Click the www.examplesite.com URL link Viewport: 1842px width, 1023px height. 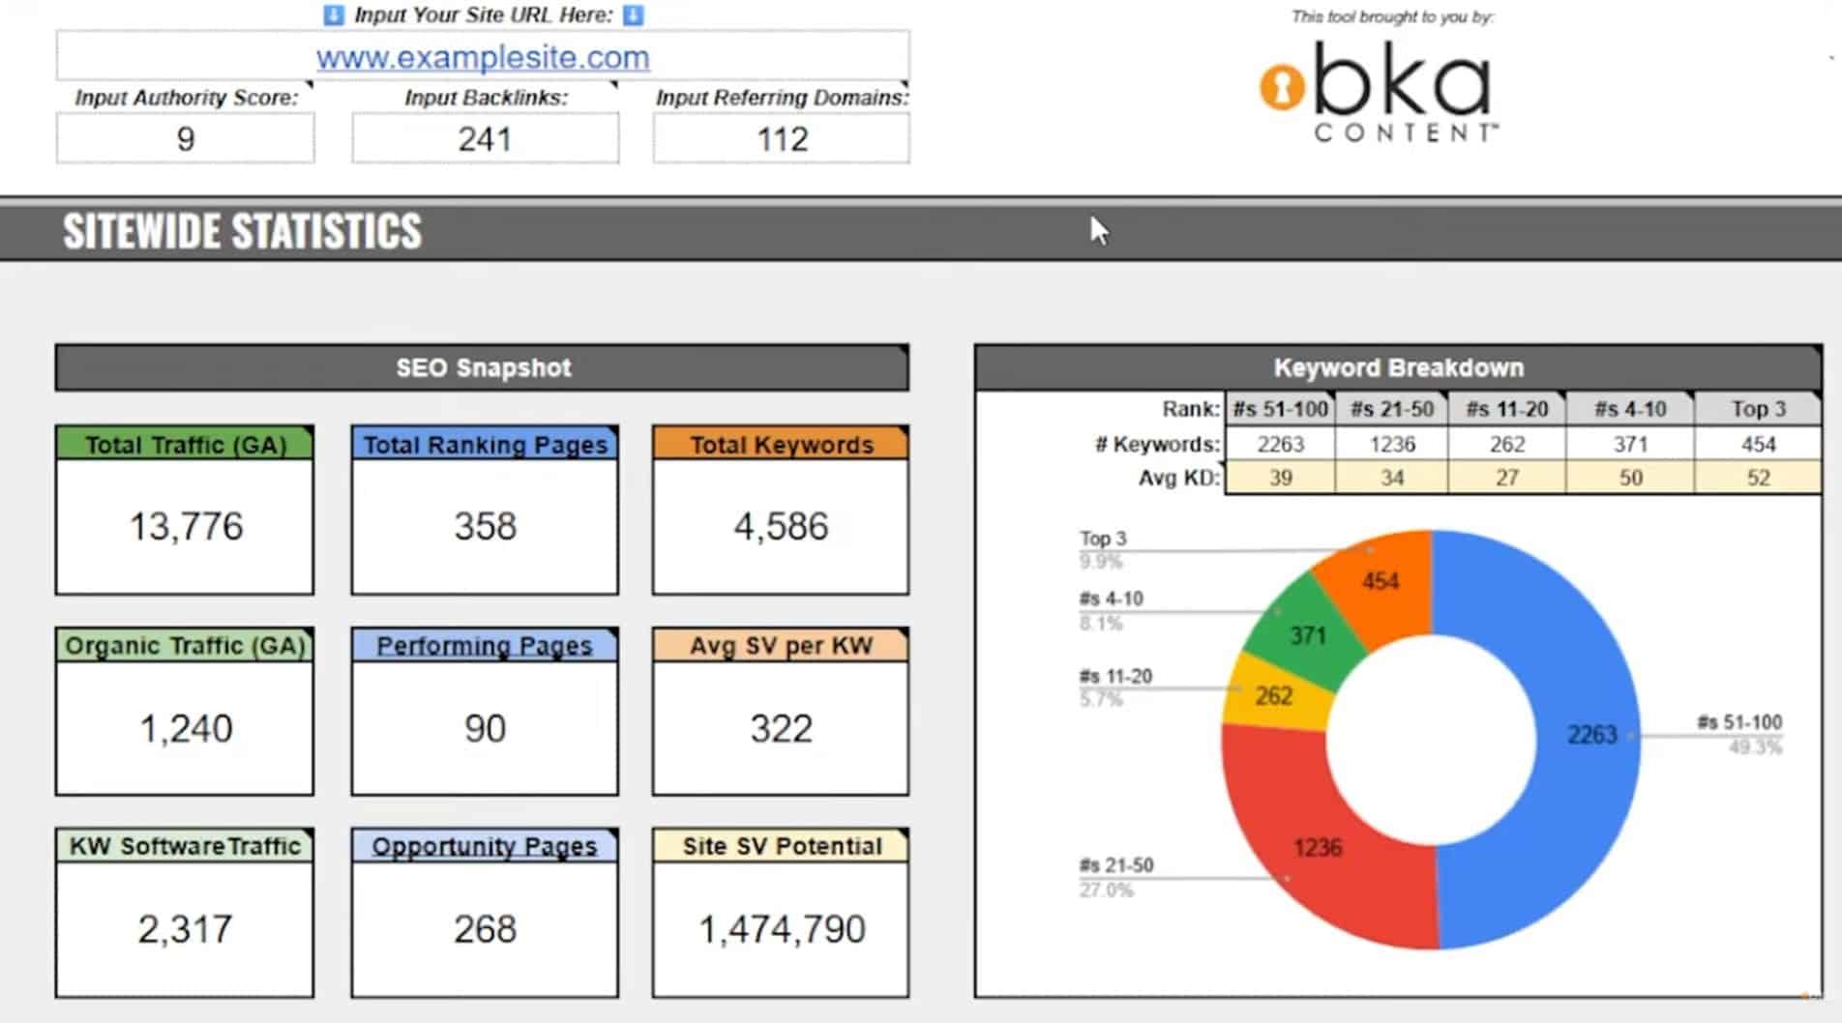pos(483,57)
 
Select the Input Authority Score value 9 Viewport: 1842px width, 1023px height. pos(186,139)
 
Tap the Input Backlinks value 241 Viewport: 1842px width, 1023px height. pos(485,139)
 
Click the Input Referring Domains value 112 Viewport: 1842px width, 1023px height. pos(782,139)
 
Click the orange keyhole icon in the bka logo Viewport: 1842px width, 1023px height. pos(1282,88)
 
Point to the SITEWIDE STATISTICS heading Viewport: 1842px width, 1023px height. pos(242,231)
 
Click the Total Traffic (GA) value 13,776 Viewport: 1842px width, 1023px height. pos(186,526)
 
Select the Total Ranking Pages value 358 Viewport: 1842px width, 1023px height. pos(485,526)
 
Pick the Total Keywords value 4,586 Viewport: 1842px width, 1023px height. pos(781,526)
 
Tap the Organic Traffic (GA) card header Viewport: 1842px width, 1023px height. pos(185,645)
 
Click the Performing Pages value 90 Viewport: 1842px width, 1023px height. pos(485,728)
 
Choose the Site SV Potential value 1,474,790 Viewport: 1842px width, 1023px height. pos(782,929)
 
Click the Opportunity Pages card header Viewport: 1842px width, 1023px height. pos(485,846)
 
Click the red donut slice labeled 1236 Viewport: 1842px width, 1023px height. pos(1306,851)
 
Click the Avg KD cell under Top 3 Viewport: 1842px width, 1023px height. pos(1758,478)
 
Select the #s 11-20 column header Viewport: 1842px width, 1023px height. pos(1506,409)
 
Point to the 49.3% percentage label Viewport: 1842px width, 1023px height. pos(1755,746)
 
